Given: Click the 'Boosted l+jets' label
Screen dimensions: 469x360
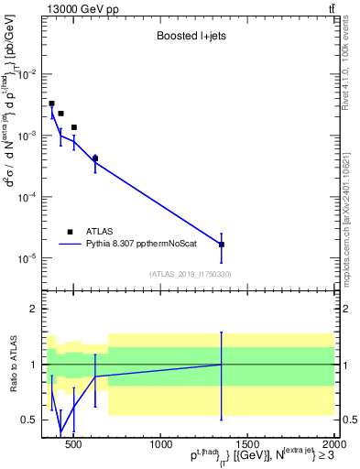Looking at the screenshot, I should (185, 38).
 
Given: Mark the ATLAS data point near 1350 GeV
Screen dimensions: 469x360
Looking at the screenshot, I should (222, 245).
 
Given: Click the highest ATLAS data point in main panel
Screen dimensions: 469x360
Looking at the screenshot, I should (51, 104).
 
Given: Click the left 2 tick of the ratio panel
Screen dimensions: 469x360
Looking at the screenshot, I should (34, 309).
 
